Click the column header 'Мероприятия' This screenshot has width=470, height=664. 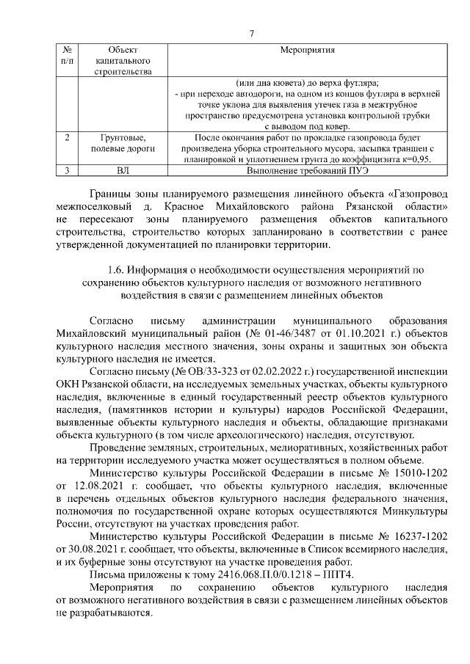pyautogui.click(x=307, y=51)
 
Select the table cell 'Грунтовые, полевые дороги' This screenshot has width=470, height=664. pyautogui.click(x=123, y=143)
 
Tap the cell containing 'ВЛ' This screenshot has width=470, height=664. pyautogui.click(x=123, y=171)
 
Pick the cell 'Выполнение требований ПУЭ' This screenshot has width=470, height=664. pyautogui.click(x=307, y=171)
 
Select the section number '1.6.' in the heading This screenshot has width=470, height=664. pyautogui.click(x=117, y=271)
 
